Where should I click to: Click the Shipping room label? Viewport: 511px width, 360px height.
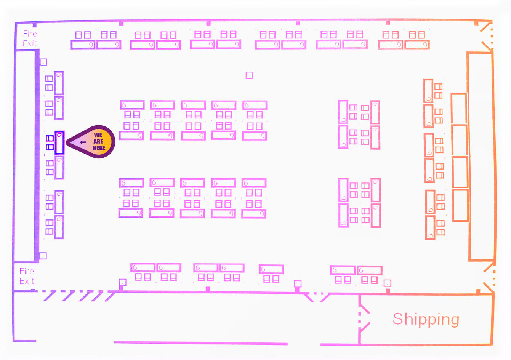(x=426, y=319)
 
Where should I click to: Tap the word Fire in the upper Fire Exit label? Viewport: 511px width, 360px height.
(x=30, y=34)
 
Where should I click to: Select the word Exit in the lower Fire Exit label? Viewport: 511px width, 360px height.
(x=27, y=281)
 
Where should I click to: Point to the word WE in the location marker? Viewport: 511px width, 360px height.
(x=98, y=135)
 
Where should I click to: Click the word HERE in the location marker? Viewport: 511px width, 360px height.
(x=99, y=148)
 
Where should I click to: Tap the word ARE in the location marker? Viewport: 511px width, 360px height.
(x=98, y=141)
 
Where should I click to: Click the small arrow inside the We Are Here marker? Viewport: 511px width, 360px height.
(x=83, y=142)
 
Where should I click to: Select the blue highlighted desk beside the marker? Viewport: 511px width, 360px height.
(x=59, y=142)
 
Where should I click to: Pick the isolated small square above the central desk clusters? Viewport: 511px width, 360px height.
(x=249, y=75)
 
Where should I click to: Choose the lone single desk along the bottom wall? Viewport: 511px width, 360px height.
(x=271, y=269)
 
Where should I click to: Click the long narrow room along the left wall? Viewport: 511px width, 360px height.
(x=25, y=155)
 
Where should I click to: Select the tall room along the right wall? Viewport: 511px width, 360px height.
(x=481, y=156)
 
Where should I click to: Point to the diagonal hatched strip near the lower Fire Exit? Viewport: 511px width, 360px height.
(x=76, y=296)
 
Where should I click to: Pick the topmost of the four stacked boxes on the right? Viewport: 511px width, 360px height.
(x=459, y=109)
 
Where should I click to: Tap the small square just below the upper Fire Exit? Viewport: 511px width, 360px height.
(x=43, y=62)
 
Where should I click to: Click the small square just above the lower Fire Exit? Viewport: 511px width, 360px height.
(x=43, y=256)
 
